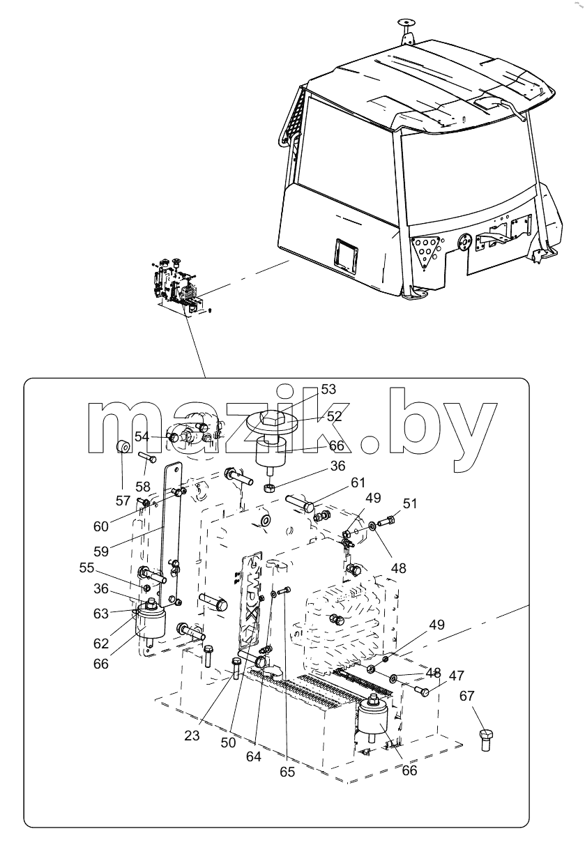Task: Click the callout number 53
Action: (x=328, y=389)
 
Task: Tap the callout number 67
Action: (x=466, y=695)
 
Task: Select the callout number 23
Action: (x=192, y=736)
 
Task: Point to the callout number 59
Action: (x=101, y=551)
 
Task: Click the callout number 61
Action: (x=358, y=482)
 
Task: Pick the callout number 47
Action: (x=457, y=676)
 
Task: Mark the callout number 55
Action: (x=86, y=568)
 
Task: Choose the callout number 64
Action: (x=254, y=756)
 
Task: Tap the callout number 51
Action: (x=409, y=503)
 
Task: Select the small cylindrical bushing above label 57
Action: (x=123, y=447)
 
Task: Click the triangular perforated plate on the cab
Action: (x=425, y=250)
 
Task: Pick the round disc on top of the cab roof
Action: (x=407, y=21)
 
